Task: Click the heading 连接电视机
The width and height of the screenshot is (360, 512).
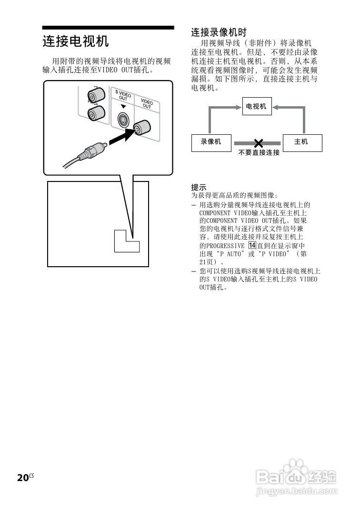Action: click(x=76, y=41)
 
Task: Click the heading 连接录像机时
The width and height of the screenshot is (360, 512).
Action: click(x=219, y=32)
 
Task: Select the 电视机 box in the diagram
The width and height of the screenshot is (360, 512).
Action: click(x=256, y=107)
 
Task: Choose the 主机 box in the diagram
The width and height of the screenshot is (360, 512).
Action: click(x=302, y=142)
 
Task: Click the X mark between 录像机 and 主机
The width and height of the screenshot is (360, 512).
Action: click(x=258, y=142)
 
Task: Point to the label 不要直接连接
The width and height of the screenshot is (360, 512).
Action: click(x=259, y=153)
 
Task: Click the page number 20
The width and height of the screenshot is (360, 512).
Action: click(x=22, y=478)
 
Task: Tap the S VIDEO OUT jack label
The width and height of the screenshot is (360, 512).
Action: click(x=123, y=95)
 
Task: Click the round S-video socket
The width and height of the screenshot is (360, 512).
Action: click(x=122, y=119)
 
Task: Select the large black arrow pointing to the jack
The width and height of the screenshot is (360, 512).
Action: click(x=119, y=137)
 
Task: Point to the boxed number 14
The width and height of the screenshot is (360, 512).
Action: click(x=252, y=245)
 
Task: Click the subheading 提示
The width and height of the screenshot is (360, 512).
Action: click(x=199, y=187)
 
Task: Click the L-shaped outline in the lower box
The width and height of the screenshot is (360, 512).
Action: click(x=126, y=241)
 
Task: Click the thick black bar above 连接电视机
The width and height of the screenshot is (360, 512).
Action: click(x=108, y=28)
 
